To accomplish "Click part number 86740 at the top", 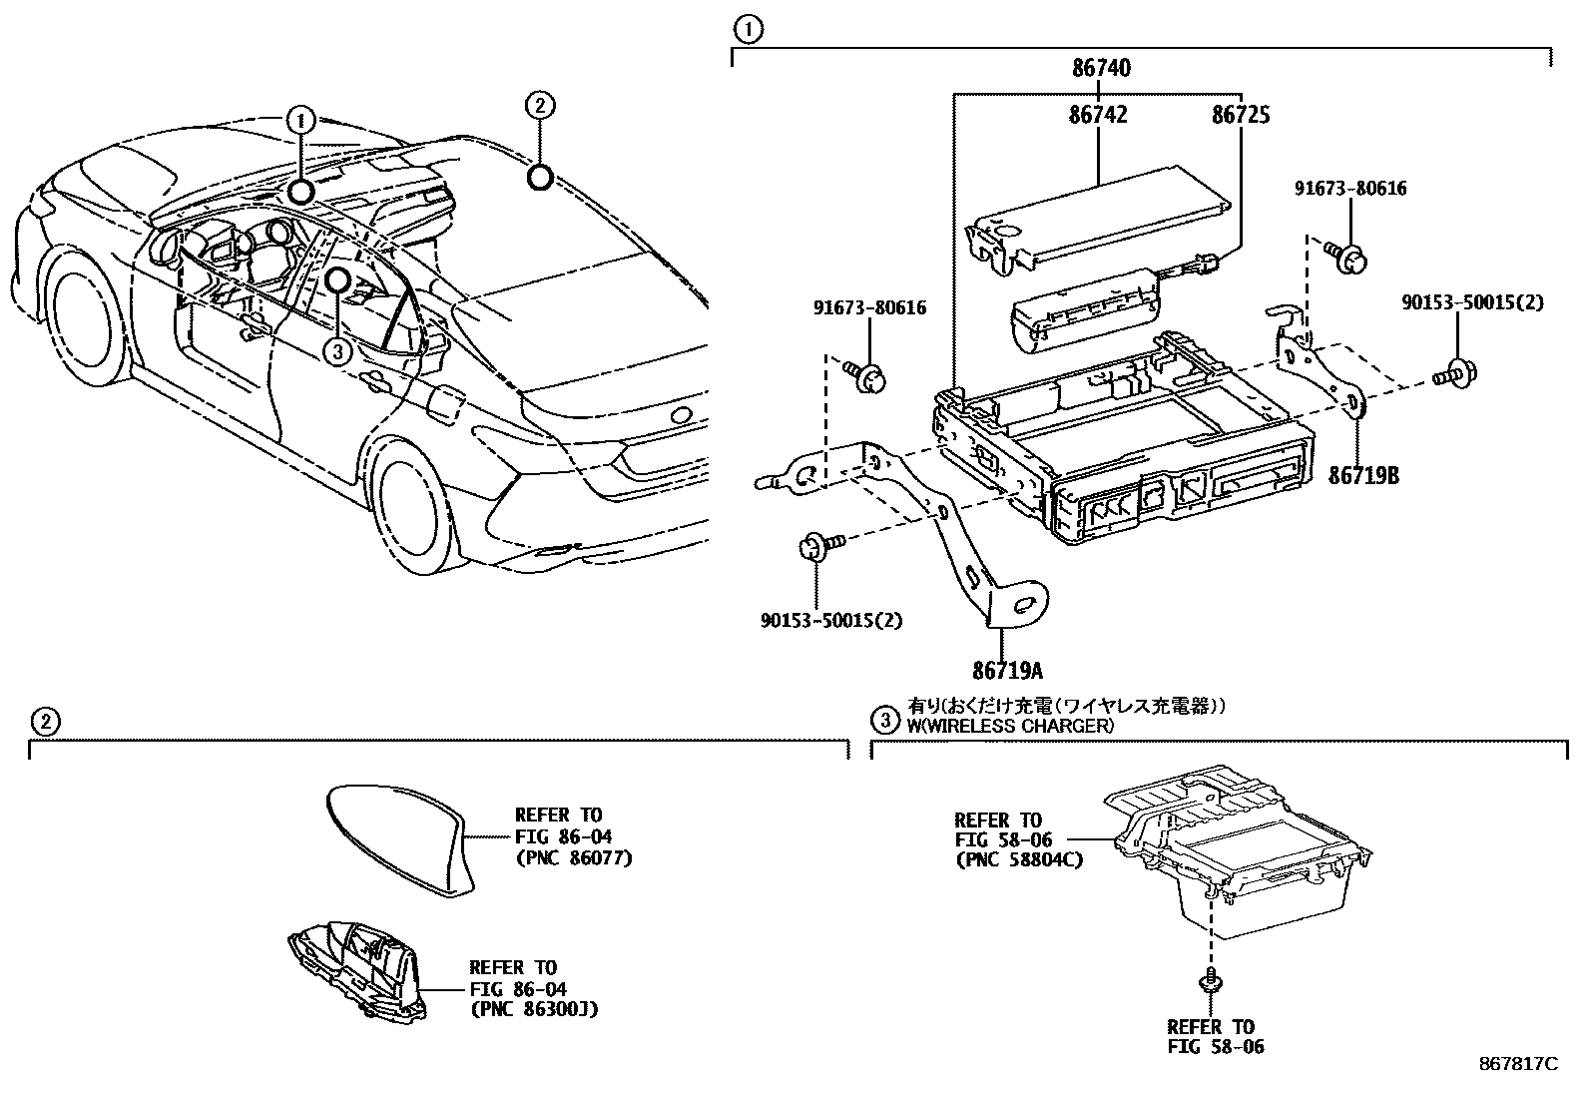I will coord(1102,69).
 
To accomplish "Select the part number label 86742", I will coord(1098,116).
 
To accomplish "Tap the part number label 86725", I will coord(1241,116).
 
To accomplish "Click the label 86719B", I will coord(1362,476).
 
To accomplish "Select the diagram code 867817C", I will coord(1517,1064).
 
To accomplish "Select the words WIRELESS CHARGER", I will coord(1016,726).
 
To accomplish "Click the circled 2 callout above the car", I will coord(539,106).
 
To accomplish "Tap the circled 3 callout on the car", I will coord(338,349).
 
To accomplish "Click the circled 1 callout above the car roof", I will coord(300,121).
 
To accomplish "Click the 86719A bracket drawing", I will coord(958,539).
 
